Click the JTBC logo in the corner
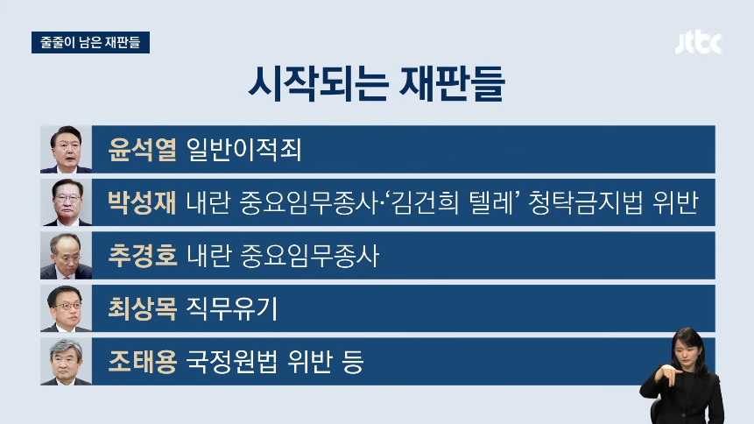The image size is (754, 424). [x=698, y=43]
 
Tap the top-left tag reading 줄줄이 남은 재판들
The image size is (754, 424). [x=90, y=42]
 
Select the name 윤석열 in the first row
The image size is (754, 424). [x=142, y=149]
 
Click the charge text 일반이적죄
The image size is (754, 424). [x=243, y=149]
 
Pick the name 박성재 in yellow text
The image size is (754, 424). [x=142, y=202]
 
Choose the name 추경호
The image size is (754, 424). [x=142, y=255]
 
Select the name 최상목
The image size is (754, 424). [x=142, y=308]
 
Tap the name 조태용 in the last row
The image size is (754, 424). [x=142, y=361]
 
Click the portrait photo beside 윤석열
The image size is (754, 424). [x=67, y=149]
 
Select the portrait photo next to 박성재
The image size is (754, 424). [x=67, y=202]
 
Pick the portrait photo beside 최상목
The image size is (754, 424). [x=67, y=308]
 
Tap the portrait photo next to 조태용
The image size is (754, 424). [x=67, y=361]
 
